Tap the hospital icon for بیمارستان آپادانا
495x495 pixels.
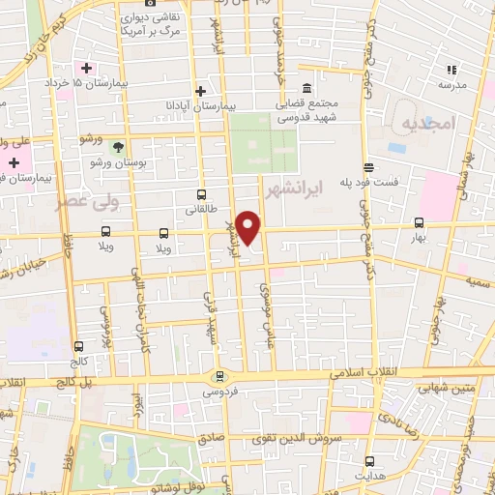pos(200,91)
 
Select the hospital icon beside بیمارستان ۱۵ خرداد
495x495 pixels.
pos(88,68)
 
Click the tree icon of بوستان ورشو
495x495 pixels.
pos(118,147)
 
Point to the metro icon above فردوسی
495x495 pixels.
pos(220,376)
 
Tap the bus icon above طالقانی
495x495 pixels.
pos(200,194)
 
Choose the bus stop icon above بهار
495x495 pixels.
pos(419,221)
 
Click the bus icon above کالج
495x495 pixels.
pos(78,344)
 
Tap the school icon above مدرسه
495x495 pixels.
pos(451,70)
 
